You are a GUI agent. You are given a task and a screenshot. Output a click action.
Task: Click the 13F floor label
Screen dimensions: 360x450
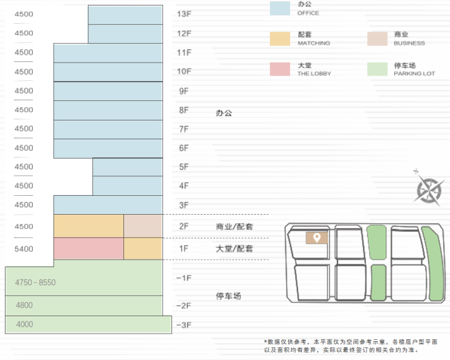coord(184,14)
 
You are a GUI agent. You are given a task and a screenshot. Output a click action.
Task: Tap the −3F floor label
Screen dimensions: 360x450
coord(184,325)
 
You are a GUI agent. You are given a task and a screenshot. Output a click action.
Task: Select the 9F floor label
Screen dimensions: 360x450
coord(184,91)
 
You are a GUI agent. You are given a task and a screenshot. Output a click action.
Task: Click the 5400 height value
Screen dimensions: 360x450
coord(24,249)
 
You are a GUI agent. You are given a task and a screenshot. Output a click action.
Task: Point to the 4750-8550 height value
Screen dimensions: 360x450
coord(35,283)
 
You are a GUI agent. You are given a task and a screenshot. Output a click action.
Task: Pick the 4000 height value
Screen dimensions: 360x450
coord(24,325)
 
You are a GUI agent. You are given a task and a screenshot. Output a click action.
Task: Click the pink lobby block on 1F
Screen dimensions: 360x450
coord(88,249)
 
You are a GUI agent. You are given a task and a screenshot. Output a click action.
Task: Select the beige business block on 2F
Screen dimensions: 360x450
coord(143,226)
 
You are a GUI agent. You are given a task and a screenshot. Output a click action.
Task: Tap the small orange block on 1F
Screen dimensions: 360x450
coord(143,249)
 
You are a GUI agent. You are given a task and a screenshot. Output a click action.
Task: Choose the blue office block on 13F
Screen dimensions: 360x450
coord(125,15)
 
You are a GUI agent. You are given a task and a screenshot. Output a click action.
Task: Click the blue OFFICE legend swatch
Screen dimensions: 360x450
coord(280,8)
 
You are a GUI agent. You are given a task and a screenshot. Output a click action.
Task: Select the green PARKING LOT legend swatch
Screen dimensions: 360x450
coord(378,69)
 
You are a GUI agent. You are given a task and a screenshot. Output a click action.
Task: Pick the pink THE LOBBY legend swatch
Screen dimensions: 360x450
coord(280,69)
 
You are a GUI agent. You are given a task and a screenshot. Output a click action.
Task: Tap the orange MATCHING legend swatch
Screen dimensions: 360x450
coord(280,38)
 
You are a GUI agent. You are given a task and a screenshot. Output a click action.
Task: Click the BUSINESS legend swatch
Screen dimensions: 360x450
coord(378,38)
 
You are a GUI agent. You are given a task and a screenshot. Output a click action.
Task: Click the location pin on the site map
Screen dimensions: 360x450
coord(316,237)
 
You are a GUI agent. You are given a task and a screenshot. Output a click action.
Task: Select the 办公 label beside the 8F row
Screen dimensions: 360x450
coord(224,113)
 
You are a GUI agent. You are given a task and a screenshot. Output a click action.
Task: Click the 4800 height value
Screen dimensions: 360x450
coord(24,305)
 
